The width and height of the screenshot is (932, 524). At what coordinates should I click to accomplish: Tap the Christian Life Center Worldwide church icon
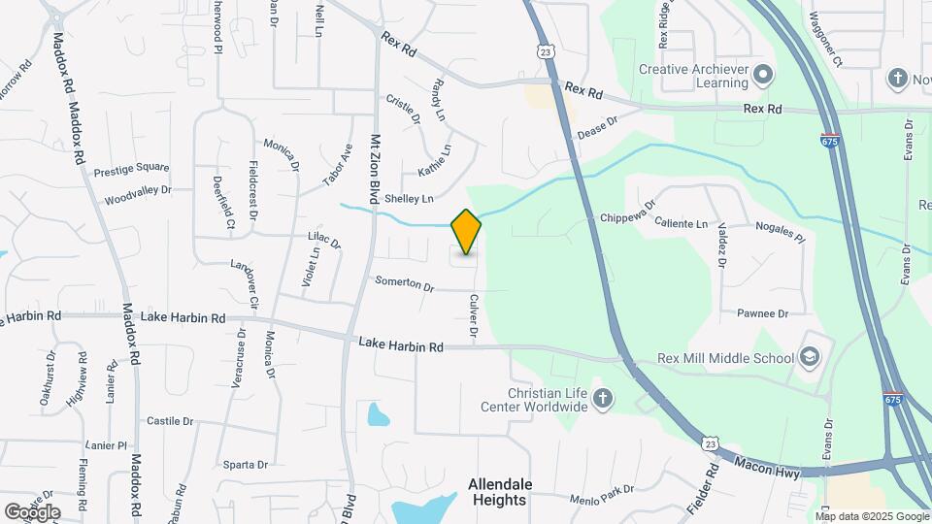(603, 399)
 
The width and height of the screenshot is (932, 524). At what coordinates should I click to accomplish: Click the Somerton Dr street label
(405, 284)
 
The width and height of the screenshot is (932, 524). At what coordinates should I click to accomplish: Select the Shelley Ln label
(409, 199)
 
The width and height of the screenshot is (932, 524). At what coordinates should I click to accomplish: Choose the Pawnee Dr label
(762, 313)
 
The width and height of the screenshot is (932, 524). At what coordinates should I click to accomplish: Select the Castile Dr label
(170, 421)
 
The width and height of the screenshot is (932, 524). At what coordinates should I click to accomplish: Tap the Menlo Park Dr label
(602, 495)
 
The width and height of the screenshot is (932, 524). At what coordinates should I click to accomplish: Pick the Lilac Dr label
(324, 240)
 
